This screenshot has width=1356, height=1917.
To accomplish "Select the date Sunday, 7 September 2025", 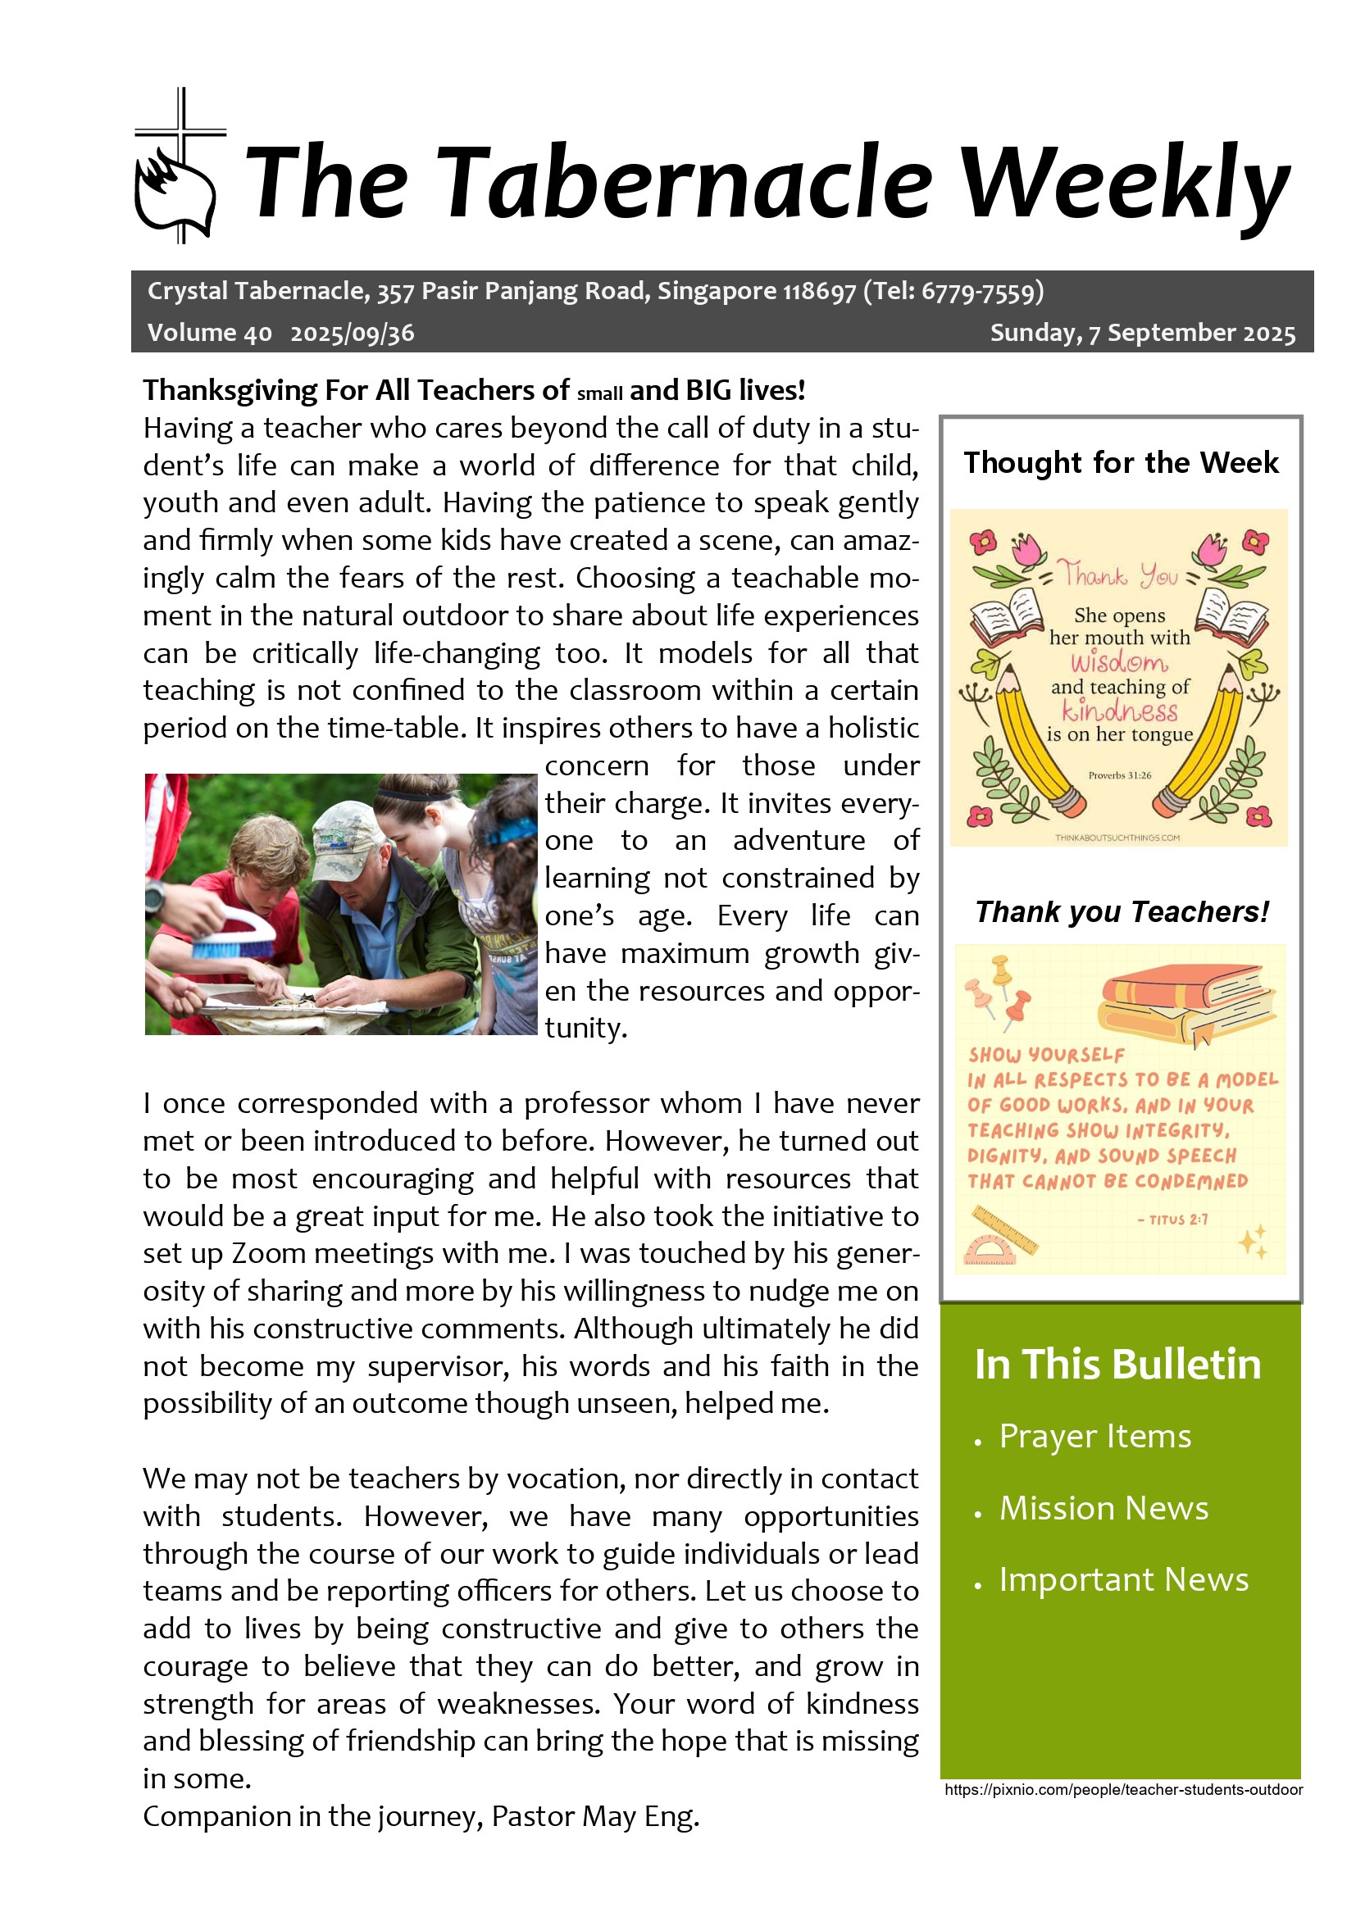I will (x=1142, y=333).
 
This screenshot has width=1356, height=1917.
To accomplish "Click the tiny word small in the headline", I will (x=599, y=394).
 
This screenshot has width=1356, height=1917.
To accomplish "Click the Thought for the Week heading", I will (x=1121, y=462).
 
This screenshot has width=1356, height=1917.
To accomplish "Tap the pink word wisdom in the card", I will (x=1119, y=663).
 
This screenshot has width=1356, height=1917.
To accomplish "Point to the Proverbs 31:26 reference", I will (x=1119, y=775).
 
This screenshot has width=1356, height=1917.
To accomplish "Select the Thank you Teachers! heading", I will (x=1122, y=911).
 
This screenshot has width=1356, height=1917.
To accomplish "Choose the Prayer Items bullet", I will (x=1094, y=1436).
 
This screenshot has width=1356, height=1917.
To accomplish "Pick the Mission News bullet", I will (x=1103, y=1508).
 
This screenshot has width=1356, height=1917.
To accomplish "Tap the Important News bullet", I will (x=1123, y=1579).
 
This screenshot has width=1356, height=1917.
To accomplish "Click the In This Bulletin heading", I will (x=1117, y=1365).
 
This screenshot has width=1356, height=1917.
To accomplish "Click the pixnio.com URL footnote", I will (x=1123, y=1790).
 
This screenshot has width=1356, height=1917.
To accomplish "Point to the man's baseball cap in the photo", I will (x=343, y=829).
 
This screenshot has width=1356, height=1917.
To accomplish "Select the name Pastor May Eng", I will (x=594, y=1817).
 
